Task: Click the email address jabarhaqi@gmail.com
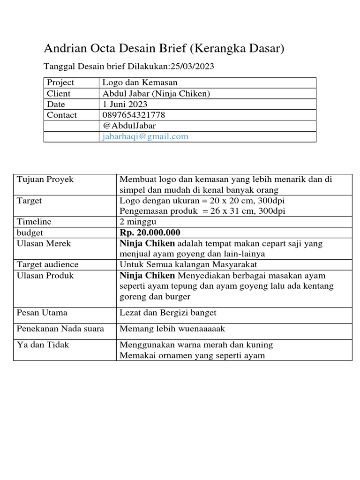click(x=145, y=136)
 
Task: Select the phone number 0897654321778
click(x=134, y=115)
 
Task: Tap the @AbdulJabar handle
click(x=129, y=126)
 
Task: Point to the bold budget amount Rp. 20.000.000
click(x=150, y=233)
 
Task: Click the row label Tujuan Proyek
click(x=45, y=179)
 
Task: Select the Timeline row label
click(x=34, y=222)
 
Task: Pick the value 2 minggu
click(x=138, y=222)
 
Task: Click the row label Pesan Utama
click(x=42, y=313)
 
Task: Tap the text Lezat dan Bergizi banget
click(x=168, y=313)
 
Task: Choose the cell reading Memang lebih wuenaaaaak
click(x=173, y=329)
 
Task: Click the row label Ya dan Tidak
click(x=43, y=345)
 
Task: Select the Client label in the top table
click(x=59, y=93)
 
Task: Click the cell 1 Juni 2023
click(x=125, y=104)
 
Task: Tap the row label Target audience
click(x=48, y=264)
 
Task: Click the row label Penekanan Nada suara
click(x=60, y=329)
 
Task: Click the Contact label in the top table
click(x=62, y=115)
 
